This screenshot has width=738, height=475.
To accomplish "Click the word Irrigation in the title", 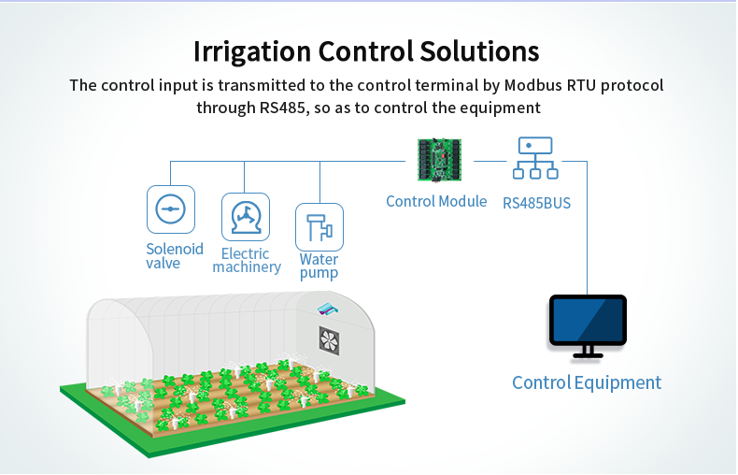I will coord(250,50).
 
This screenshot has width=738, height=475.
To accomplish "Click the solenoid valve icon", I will coord(171,209).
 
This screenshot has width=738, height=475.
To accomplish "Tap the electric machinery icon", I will coord(246,217).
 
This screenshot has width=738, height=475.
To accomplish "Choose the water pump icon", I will coord(319,227).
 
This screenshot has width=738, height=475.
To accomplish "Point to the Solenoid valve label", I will coord(175,256).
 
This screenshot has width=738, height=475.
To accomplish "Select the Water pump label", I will coord(319,266).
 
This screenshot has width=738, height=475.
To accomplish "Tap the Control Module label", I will coord(436,201).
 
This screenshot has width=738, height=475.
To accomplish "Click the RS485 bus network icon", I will coord(535,158).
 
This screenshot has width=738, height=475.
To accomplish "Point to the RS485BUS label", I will coord(536,202).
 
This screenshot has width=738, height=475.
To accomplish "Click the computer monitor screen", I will coord(588,320).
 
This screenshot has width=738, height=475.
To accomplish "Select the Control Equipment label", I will coord(587,382).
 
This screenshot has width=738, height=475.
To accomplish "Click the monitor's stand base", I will coord(588,356).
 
